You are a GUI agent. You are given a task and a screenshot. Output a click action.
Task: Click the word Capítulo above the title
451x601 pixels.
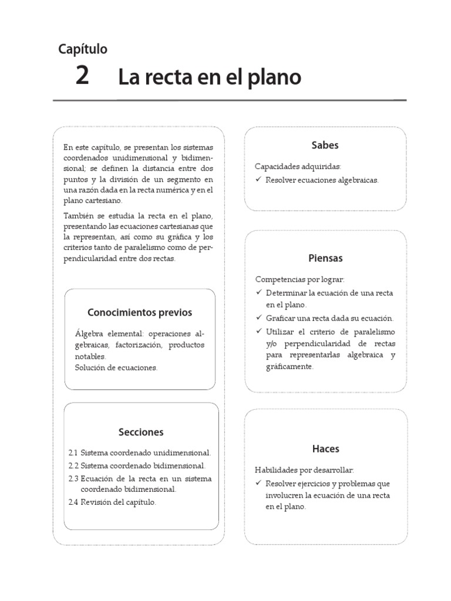(x=83, y=49)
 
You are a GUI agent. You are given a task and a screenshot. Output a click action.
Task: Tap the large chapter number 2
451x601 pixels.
(x=82, y=76)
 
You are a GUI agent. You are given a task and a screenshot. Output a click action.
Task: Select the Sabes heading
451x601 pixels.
(x=325, y=145)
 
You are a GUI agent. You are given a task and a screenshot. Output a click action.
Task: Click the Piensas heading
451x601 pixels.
(x=325, y=258)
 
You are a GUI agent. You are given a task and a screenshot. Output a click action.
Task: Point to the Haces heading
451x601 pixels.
(x=325, y=449)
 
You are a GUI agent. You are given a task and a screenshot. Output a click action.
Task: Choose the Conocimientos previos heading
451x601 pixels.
(x=140, y=312)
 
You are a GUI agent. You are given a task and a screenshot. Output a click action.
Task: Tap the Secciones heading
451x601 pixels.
(x=140, y=432)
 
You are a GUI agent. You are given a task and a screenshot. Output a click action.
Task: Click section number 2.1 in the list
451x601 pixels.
(x=73, y=453)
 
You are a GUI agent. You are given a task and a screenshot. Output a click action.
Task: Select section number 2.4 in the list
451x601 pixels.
(x=73, y=502)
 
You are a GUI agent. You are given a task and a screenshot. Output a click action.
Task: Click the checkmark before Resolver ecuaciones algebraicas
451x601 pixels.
(x=258, y=180)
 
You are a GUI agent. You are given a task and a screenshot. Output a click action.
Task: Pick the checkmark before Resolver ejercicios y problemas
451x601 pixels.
(x=258, y=483)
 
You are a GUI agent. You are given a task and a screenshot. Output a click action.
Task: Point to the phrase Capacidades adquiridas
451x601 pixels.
(x=297, y=167)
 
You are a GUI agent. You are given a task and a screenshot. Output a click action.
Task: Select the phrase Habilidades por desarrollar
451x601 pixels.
(x=304, y=470)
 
